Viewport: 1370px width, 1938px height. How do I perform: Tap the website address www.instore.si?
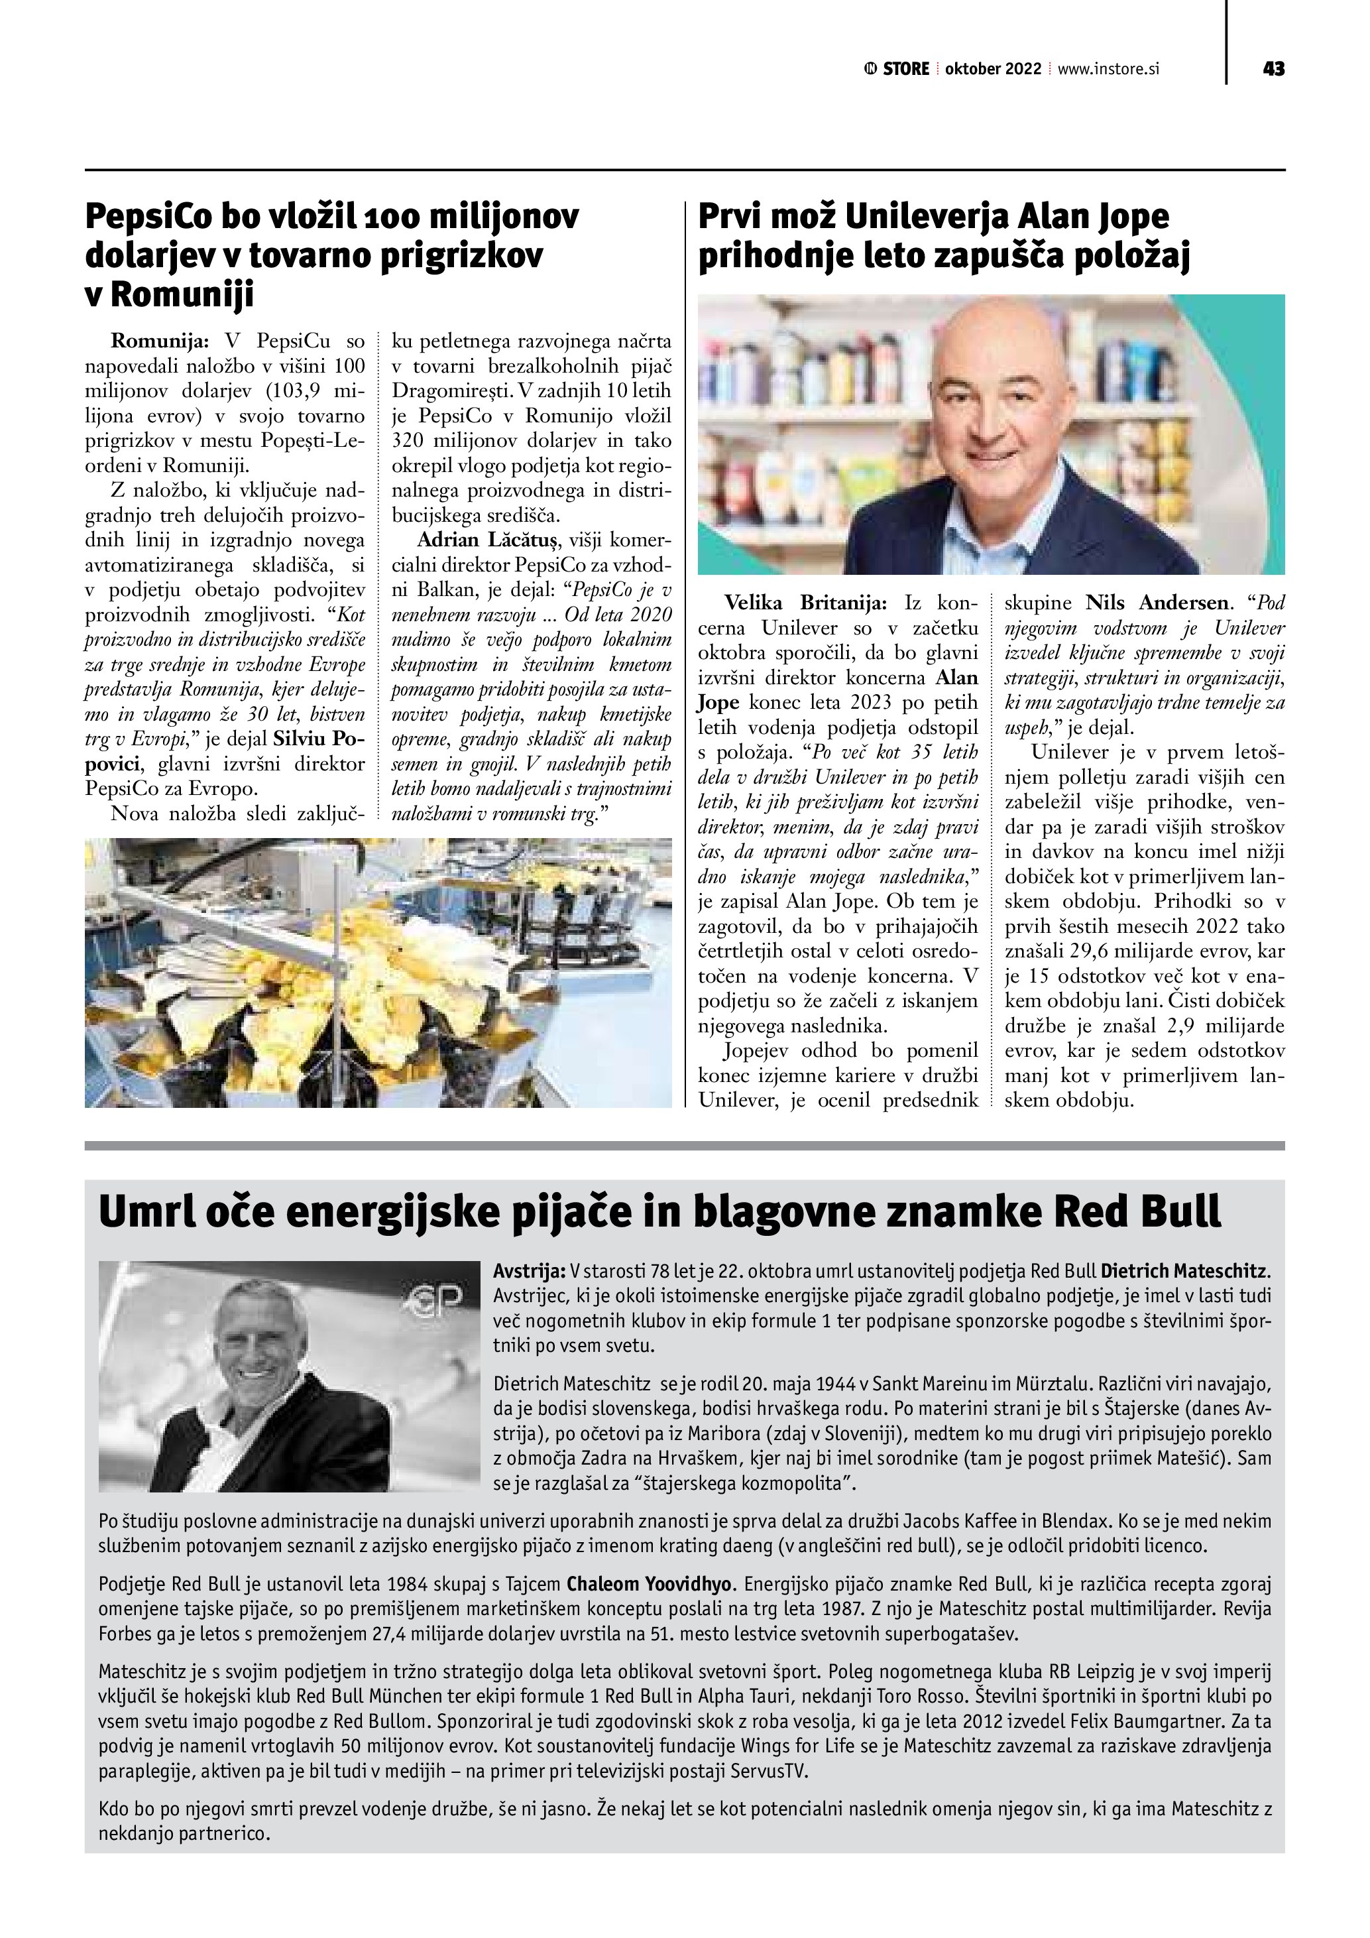pos(1108,69)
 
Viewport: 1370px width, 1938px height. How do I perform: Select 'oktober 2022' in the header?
pos(993,69)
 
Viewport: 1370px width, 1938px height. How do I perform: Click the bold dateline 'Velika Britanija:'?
pos(806,603)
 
